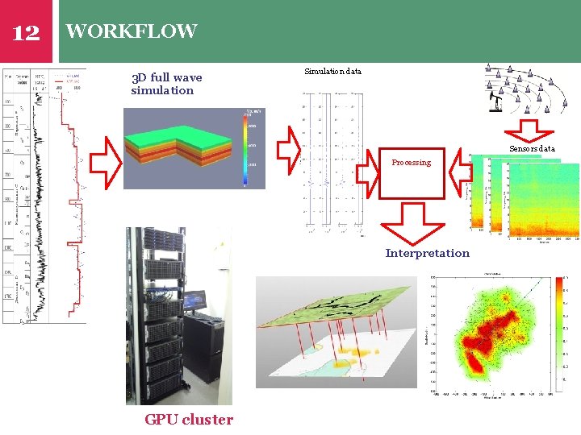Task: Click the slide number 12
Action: tap(26, 32)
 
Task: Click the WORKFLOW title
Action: tap(132, 31)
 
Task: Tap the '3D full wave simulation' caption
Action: tap(166, 84)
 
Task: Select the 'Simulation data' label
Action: tap(332, 72)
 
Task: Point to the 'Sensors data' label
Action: tap(532, 149)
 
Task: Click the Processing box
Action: tap(412, 172)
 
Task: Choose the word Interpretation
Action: tap(427, 253)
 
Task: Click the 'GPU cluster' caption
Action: tap(189, 419)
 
